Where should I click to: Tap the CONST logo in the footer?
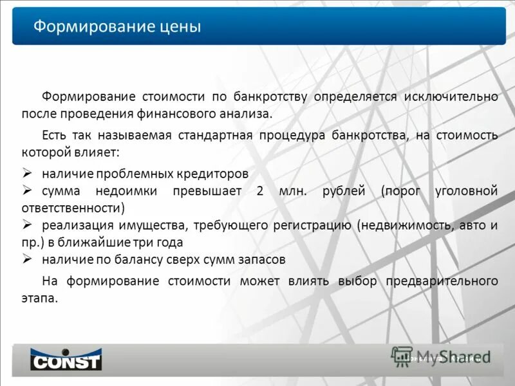click(x=66, y=359)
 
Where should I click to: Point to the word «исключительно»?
click(x=451, y=96)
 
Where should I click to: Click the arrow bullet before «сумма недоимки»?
click(x=28, y=190)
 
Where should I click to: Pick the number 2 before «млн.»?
click(x=259, y=191)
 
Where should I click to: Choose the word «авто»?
click(x=474, y=226)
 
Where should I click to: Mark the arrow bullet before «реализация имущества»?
click(x=28, y=225)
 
